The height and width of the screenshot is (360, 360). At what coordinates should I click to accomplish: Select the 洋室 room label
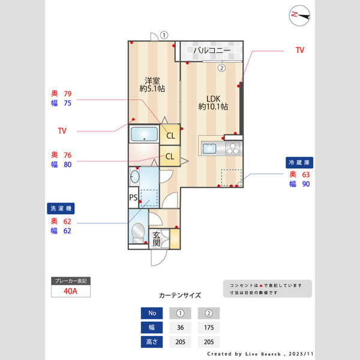point(152,84)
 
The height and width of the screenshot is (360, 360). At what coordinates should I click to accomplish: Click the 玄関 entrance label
point(156,239)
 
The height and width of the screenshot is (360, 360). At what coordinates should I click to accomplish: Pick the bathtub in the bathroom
point(143,134)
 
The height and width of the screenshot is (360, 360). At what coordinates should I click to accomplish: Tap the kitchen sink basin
point(211,148)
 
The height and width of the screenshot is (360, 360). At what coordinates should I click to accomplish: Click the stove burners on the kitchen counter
point(232,148)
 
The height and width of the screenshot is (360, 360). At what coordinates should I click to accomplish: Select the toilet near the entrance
point(138,231)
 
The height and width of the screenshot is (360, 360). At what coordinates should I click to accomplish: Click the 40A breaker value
point(71,292)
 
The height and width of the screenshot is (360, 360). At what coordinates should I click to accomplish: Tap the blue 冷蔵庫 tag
point(300,163)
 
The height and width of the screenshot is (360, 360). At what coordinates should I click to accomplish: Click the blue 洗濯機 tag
point(61,208)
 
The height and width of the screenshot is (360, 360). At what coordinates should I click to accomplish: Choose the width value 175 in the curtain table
point(209,328)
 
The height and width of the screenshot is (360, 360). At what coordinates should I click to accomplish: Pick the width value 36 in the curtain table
point(180,328)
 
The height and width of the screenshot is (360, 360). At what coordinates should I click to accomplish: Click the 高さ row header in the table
point(151,342)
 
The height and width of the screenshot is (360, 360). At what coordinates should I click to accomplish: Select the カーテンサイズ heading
point(180,295)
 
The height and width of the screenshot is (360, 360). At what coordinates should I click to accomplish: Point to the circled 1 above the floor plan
point(164,35)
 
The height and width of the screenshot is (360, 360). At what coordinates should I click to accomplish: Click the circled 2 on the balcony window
point(221,68)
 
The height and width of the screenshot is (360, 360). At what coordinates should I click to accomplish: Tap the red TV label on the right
point(299,50)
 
